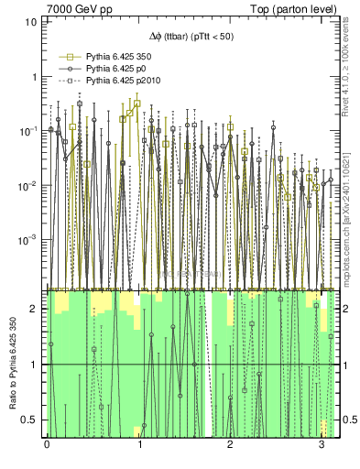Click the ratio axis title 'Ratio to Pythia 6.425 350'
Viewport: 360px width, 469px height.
(12, 364)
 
